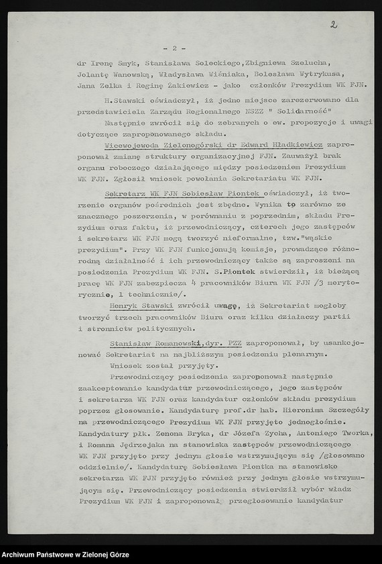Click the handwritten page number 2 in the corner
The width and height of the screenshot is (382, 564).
tap(333, 25)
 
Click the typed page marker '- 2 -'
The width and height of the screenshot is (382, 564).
tap(174, 48)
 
